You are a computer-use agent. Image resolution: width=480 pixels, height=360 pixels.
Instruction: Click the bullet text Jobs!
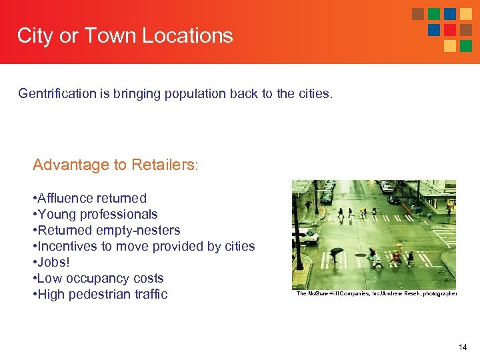click(53, 262)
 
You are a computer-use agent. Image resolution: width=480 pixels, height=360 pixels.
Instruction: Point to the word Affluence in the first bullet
click(66, 198)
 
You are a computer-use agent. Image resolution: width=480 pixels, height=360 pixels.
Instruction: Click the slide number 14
click(463, 347)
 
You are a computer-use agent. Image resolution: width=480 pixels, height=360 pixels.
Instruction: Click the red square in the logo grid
click(450, 30)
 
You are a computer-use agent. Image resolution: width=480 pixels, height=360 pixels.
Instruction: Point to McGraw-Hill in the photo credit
click(321, 294)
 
